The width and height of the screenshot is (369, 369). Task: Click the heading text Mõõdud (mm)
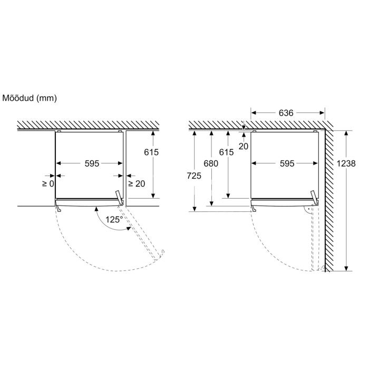click(x=30, y=98)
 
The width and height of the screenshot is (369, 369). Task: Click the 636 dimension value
click(x=286, y=113)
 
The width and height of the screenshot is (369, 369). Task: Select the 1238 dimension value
click(x=346, y=163)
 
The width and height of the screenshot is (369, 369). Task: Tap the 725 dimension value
click(x=194, y=176)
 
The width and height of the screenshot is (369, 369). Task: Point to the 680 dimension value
click(x=211, y=163)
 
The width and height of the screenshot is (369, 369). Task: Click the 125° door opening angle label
click(x=114, y=220)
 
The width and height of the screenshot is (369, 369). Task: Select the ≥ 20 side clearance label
click(x=137, y=183)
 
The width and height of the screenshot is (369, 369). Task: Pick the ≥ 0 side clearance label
click(x=48, y=183)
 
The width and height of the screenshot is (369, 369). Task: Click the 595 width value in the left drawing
click(x=92, y=163)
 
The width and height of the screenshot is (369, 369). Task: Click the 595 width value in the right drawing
click(x=287, y=163)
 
